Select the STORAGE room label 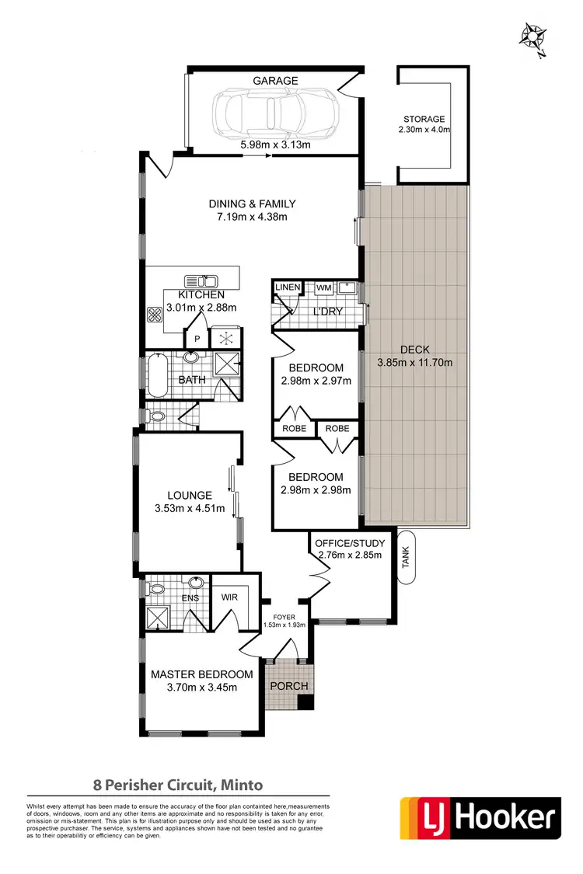coord(424,119)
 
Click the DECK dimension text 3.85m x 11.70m coord(414,362)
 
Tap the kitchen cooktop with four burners coord(155,315)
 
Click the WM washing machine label coord(323,288)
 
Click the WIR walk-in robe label coord(229,597)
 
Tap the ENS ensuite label coord(190,599)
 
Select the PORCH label coord(289,686)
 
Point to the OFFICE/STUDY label coord(348,541)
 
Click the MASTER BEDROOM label coord(201,674)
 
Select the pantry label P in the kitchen coord(197,339)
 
